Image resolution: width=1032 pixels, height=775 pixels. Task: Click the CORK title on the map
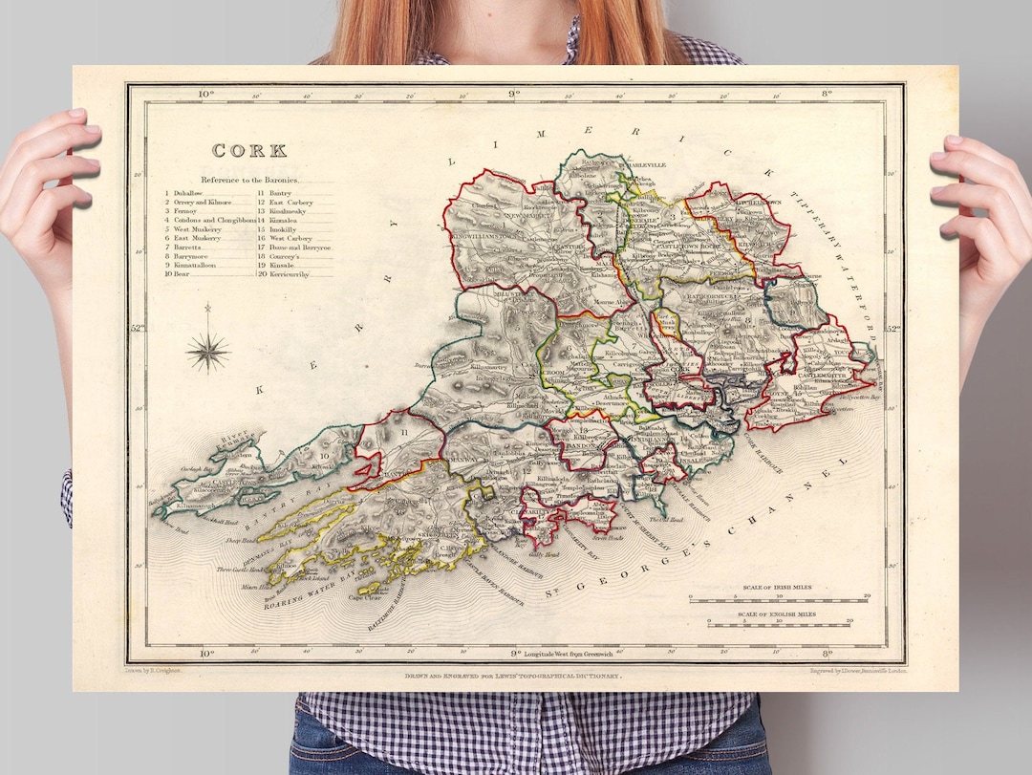pos(248,151)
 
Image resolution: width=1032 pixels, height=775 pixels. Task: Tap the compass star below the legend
pos(207,350)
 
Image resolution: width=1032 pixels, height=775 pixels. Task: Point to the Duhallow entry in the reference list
pos(188,193)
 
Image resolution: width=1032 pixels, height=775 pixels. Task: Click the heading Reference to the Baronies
pos(249,180)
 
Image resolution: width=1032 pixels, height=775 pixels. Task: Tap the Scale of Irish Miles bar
pos(779,600)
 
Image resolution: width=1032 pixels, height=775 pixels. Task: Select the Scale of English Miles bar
pos(787,623)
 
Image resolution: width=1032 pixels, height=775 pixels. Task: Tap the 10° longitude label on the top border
pos(204,94)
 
